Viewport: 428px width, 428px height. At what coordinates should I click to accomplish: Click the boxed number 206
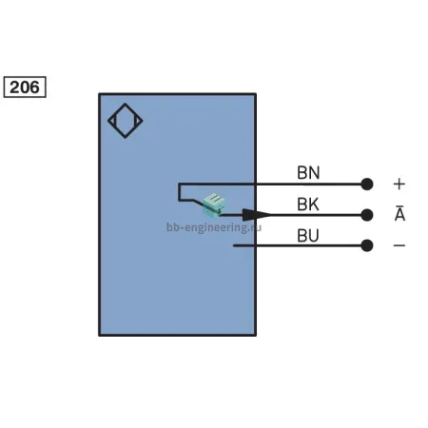[25, 87]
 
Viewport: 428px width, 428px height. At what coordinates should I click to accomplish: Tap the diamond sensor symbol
[125, 121]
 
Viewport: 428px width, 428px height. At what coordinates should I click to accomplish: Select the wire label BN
[308, 172]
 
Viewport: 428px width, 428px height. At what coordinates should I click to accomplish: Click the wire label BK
[308, 204]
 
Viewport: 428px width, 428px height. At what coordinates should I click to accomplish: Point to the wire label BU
[308, 236]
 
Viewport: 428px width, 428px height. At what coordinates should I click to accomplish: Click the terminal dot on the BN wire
[367, 184]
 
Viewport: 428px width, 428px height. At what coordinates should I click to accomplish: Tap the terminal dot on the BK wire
[367, 215]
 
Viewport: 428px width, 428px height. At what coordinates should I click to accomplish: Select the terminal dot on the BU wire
[367, 245]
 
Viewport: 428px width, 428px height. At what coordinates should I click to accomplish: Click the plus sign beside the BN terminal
[399, 184]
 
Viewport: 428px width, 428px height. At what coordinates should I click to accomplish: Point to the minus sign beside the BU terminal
[399, 245]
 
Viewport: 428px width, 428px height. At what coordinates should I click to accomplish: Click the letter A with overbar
[399, 213]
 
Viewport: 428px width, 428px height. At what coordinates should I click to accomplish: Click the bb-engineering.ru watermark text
[214, 227]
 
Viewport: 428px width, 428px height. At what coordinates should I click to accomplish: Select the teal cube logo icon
[214, 204]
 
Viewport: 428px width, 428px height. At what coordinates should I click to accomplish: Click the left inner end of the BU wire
[234, 245]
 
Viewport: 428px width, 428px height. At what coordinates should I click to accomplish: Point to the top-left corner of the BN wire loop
[179, 184]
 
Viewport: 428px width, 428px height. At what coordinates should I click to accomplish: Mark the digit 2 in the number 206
[14, 88]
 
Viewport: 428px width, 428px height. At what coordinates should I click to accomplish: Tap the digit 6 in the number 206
[34, 88]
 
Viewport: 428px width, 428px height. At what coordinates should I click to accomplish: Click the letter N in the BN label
[314, 172]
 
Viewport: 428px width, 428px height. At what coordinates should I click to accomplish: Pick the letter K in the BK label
[314, 204]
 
